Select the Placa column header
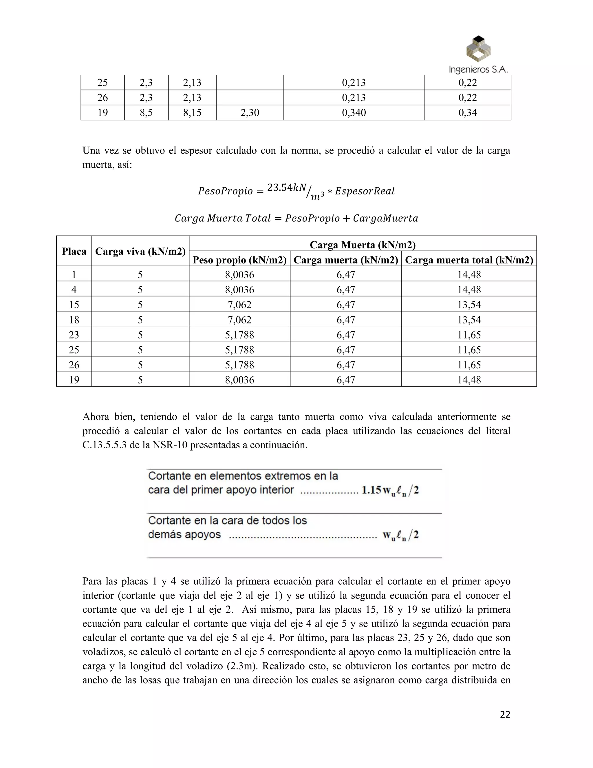coord(74,251)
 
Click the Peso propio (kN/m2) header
coord(239,260)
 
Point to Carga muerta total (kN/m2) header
coord(469,260)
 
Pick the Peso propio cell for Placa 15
coord(239,305)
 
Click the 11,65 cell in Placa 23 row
coord(469,334)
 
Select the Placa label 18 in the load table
coord(74,320)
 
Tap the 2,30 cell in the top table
coord(250,112)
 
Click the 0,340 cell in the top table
coord(354,112)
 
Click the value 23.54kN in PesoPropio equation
coord(287,188)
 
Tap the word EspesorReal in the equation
coord(365,191)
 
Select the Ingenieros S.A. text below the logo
coord(478,70)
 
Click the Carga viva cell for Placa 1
coord(140,275)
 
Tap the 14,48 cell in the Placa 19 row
coord(469,380)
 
